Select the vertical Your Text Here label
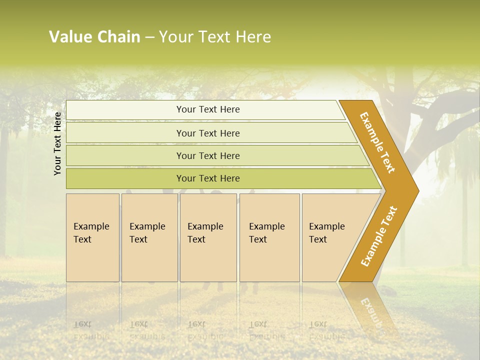(57, 143)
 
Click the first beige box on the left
(92, 237)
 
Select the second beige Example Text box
(149, 237)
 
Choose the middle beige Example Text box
(208, 237)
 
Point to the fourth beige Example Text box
(269, 237)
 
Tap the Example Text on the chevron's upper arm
(377, 142)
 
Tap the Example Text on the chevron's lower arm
(379, 236)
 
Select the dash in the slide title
(149, 37)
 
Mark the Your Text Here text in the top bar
(208, 109)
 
